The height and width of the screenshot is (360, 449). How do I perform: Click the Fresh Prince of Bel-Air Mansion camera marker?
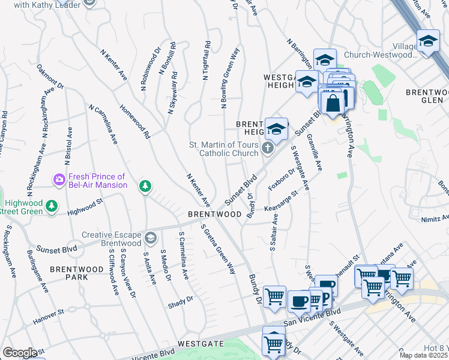coord(59,179)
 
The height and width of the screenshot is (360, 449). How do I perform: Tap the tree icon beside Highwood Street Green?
coord(52,206)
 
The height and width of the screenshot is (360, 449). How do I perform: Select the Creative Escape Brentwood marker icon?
coord(149,239)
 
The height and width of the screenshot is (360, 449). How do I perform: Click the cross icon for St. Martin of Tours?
coord(268,148)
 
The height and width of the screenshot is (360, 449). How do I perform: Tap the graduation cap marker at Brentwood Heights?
coord(276,128)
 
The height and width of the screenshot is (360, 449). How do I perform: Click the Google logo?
coord(19,353)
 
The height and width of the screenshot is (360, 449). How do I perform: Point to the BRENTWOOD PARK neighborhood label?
coord(77,274)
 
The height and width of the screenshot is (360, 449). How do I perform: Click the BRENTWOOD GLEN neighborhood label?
coord(427,96)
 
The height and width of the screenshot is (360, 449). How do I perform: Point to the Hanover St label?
coord(48,317)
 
